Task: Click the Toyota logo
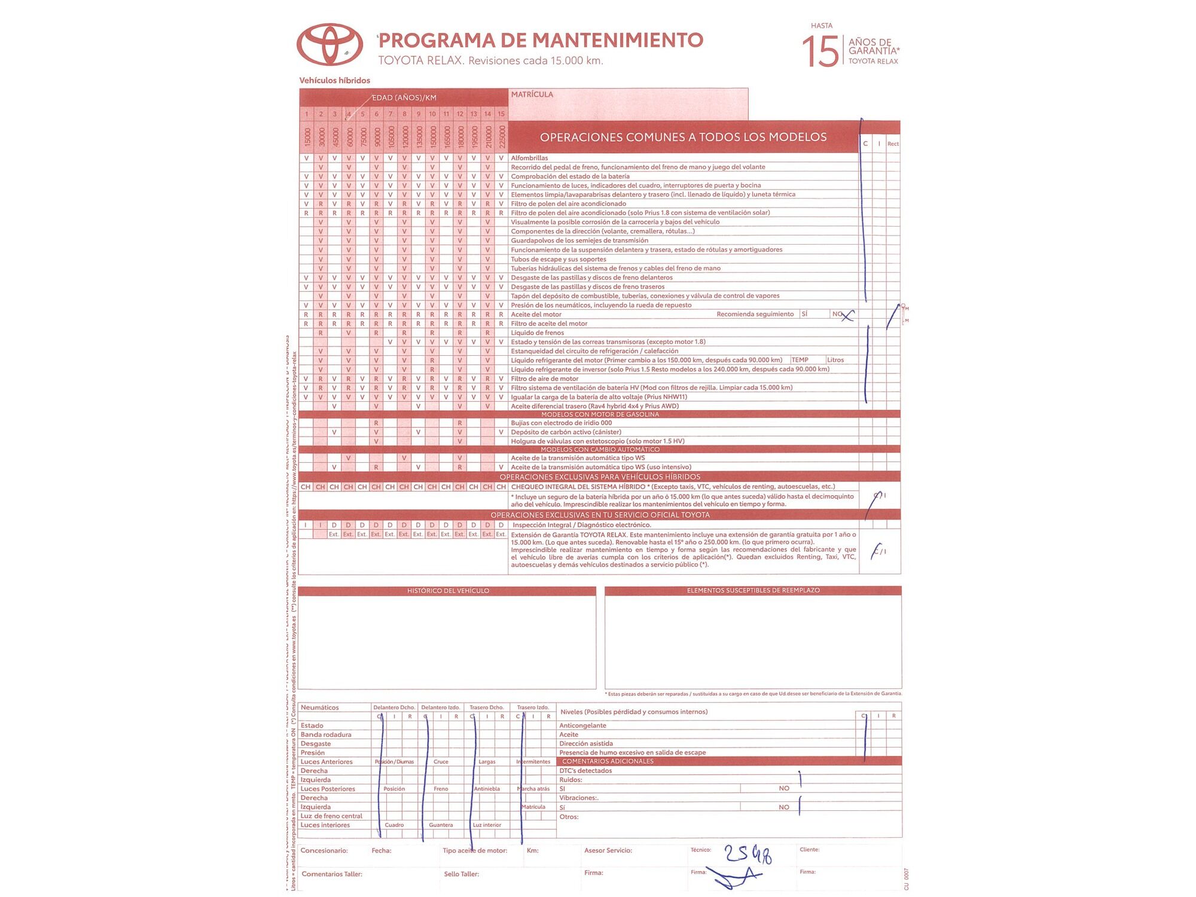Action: click(x=329, y=44)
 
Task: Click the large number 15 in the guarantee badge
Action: click(x=820, y=51)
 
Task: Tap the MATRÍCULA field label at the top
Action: click(x=532, y=94)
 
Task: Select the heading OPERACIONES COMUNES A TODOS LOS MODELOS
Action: click(x=683, y=137)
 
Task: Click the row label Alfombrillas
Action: click(x=529, y=158)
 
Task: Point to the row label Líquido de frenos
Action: click(x=537, y=332)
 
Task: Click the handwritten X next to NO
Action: click(x=847, y=315)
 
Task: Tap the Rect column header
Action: click(x=893, y=144)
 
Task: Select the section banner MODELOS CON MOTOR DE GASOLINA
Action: click(x=600, y=414)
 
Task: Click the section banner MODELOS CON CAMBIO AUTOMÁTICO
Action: click(x=600, y=449)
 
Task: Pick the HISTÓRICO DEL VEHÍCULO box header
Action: click(x=448, y=591)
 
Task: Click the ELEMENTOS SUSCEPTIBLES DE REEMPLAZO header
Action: click(x=753, y=590)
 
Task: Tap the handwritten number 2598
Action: click(x=748, y=855)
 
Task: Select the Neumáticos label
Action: click(x=319, y=707)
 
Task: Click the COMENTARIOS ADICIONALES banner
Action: click(x=608, y=761)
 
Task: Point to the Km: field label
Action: click(x=532, y=850)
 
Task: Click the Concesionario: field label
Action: click(x=324, y=850)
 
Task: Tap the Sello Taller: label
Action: click(x=461, y=874)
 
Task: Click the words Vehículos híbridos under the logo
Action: click(x=334, y=81)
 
